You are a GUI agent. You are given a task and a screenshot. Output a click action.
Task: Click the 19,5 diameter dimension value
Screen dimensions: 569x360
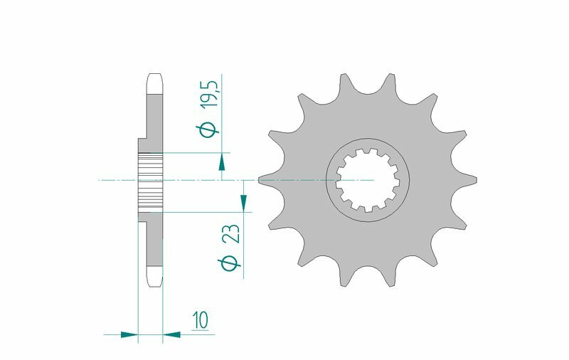click(211, 94)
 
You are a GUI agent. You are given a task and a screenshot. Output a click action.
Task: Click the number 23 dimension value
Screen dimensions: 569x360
click(232, 233)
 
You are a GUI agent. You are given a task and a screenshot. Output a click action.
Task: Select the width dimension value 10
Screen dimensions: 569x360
click(201, 319)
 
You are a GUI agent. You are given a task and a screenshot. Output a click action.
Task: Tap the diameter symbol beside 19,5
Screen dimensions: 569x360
click(207, 129)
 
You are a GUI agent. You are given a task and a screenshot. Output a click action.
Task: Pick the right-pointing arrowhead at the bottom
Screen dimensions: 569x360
click(129, 334)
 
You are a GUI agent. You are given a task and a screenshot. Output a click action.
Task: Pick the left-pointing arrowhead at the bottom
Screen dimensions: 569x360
click(171, 334)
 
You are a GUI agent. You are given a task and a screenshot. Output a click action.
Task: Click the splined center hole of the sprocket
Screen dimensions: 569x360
click(367, 180)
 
